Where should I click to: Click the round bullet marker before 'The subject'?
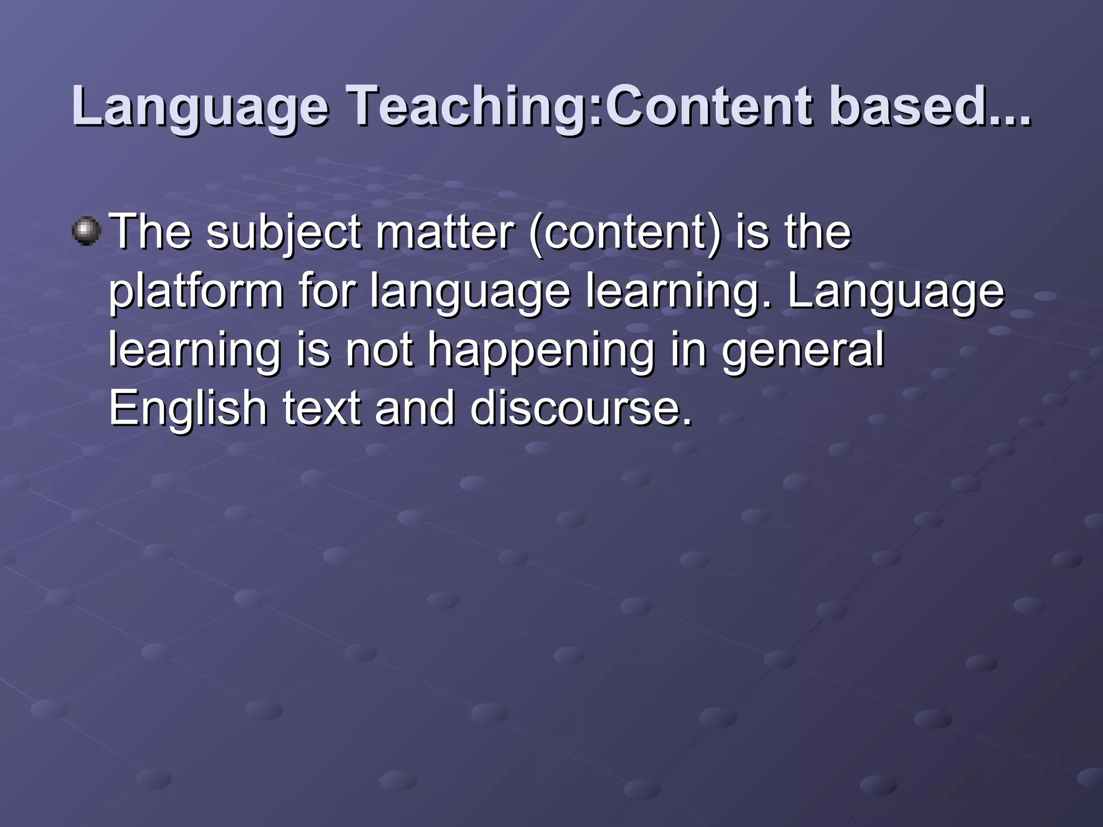(86, 231)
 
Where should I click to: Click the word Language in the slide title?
(200, 108)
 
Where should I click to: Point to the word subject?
(283, 234)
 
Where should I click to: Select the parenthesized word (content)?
(625, 234)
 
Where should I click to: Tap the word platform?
(196, 292)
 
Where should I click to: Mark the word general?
(802, 351)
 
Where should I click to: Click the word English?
(188, 409)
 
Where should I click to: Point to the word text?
(321, 408)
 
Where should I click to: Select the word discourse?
(581, 408)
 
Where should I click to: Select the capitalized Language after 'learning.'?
(896, 293)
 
